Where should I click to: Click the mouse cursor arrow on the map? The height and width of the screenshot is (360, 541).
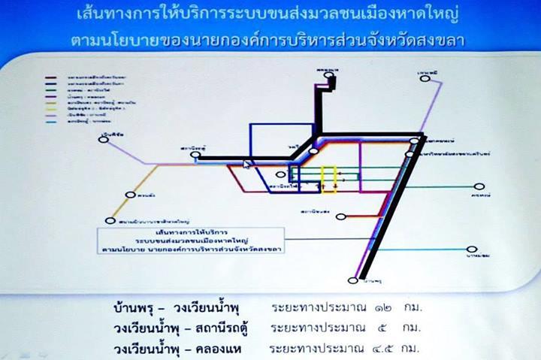pyautogui.click(x=246, y=162)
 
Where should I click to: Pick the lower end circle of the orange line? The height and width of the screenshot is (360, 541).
pyautogui.click(x=111, y=221)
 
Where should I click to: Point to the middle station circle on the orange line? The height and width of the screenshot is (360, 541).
pyautogui.click(x=131, y=195)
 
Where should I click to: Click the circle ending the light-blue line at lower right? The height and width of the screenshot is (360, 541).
pyautogui.click(x=472, y=250)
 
